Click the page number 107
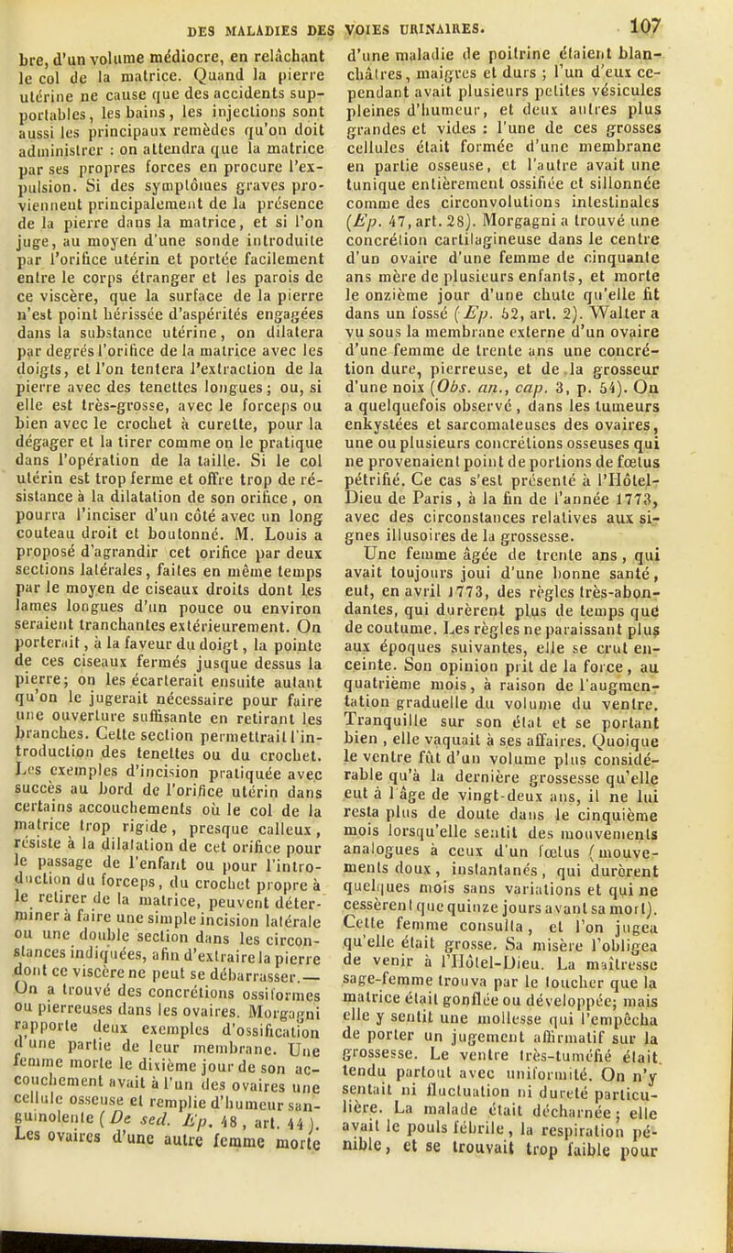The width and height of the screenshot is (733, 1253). point(694,14)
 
